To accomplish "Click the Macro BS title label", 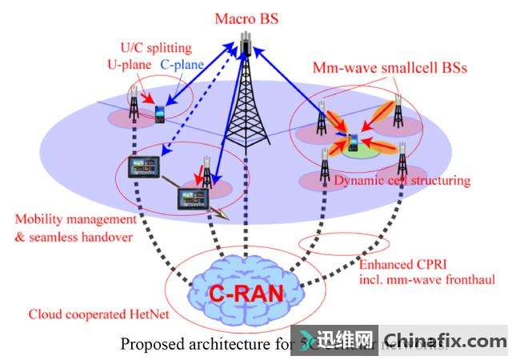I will (x=246, y=18).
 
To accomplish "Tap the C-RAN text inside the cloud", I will (x=246, y=294).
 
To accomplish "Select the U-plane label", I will (x=128, y=63).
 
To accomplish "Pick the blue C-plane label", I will (x=182, y=63).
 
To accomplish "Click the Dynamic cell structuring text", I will (x=402, y=181).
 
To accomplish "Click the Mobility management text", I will (x=76, y=218).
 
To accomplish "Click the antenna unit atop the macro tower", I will (x=246, y=44).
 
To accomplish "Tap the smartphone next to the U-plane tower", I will (x=159, y=114).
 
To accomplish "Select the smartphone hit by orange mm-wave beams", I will (x=352, y=143).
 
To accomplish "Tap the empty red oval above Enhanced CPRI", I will (x=343, y=241).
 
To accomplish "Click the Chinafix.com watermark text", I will (x=445, y=341).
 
